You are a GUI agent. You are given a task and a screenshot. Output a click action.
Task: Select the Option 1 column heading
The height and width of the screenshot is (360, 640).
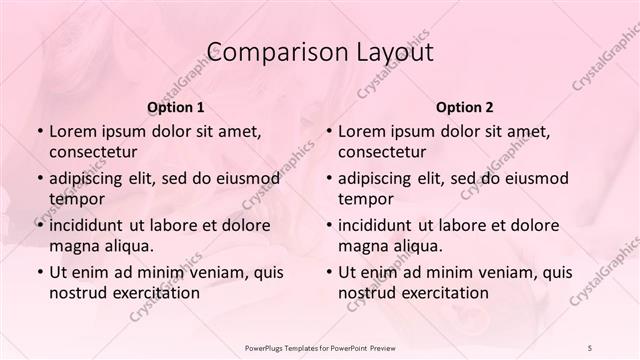tap(176, 106)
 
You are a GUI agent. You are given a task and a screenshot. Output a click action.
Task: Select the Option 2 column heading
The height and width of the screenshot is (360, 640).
tap(464, 106)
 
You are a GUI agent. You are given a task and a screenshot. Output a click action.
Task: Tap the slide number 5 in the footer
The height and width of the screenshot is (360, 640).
tap(591, 348)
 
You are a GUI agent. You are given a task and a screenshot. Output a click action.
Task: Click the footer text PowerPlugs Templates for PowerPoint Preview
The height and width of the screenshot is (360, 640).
tap(319, 348)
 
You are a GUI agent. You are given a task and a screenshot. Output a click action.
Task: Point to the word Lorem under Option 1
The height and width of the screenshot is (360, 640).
tap(73, 130)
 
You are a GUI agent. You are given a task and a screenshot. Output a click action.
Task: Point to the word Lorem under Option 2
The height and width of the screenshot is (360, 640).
tap(362, 130)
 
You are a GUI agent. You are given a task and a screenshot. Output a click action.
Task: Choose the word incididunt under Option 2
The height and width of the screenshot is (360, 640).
tap(378, 225)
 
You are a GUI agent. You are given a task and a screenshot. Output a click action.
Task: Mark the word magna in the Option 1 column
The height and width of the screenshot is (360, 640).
tap(73, 246)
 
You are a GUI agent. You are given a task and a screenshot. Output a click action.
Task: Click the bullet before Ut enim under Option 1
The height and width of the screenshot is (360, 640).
tap(38, 272)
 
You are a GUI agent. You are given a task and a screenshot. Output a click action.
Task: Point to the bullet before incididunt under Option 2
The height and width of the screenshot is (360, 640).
tap(327, 225)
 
